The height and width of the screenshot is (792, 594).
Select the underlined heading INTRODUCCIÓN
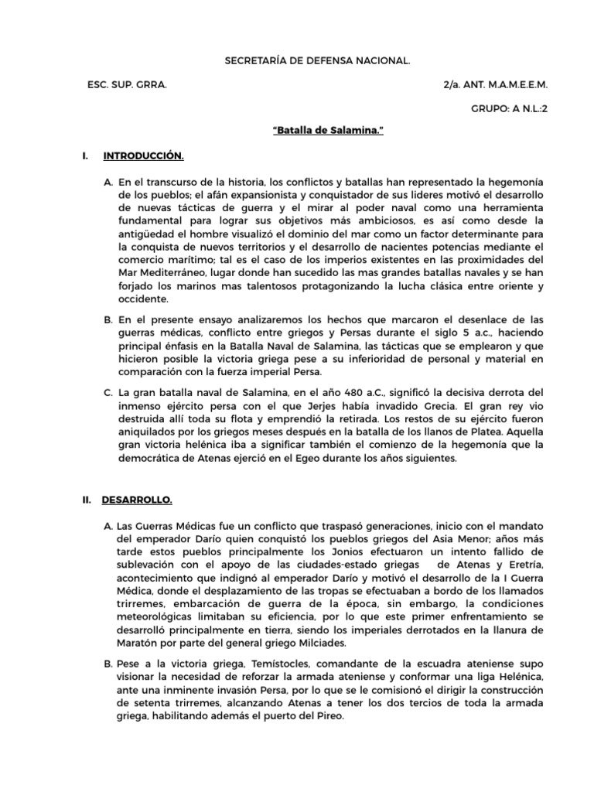143,156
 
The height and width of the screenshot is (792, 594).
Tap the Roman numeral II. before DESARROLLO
87,479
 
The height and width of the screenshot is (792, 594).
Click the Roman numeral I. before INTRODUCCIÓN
84,156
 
